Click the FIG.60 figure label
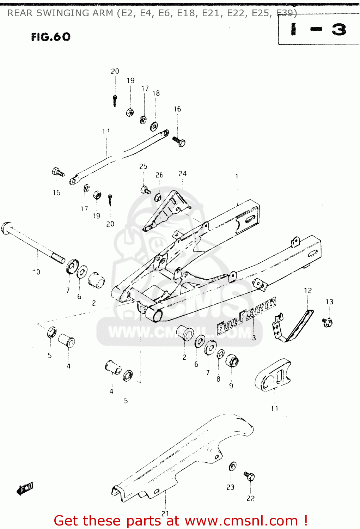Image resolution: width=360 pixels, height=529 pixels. [x=51, y=37]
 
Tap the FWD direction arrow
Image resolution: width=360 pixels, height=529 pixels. [x=25, y=488]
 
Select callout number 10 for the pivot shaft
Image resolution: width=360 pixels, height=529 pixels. [x=36, y=272]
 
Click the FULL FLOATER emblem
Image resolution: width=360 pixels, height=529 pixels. [x=246, y=316]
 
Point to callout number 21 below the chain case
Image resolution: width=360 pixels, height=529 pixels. [x=165, y=513]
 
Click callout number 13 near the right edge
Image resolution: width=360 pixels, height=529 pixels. [x=329, y=302]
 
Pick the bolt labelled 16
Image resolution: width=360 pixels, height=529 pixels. [x=179, y=141]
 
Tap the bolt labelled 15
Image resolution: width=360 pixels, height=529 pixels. [x=58, y=172]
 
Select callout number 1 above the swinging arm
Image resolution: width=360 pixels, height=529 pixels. [x=237, y=176]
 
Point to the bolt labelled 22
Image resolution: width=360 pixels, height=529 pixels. [x=249, y=476]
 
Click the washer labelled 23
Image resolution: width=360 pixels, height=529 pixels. [x=232, y=466]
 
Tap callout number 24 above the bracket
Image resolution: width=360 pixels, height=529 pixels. [x=182, y=174]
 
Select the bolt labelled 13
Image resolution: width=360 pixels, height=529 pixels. [x=328, y=322]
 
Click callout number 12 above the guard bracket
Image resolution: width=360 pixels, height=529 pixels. [x=308, y=290]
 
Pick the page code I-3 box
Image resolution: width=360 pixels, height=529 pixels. [x=319, y=30]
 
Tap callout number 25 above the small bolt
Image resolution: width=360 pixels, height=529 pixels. [x=143, y=166]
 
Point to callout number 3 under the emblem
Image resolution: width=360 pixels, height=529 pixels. [x=254, y=338]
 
